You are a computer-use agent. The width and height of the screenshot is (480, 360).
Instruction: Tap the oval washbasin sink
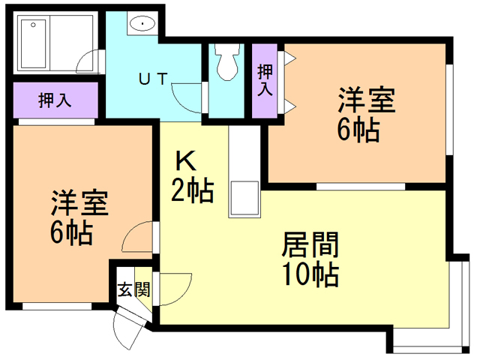coord(142,25)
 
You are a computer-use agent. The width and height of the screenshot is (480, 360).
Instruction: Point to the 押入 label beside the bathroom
coord(55,99)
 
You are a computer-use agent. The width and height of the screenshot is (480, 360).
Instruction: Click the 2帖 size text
coord(193,192)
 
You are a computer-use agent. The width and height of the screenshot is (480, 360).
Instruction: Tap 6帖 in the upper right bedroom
coord(358,130)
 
